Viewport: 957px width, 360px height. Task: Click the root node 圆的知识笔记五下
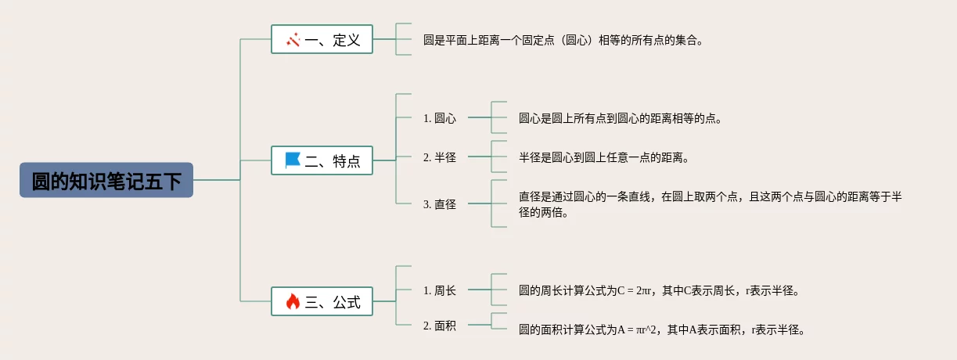pyautogui.click(x=106, y=181)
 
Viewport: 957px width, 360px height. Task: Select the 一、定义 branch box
pyautogui.click(x=322, y=40)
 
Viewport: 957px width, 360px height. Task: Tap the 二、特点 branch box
pyautogui.click(x=322, y=162)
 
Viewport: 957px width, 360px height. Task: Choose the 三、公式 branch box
pyautogui.click(x=322, y=301)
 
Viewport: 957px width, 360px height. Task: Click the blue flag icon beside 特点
pyautogui.click(x=293, y=161)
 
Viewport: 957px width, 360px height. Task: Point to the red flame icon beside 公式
pyautogui.click(x=293, y=301)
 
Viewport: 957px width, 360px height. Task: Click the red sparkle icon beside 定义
pyautogui.click(x=293, y=40)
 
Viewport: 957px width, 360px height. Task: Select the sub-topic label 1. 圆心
pyautogui.click(x=440, y=118)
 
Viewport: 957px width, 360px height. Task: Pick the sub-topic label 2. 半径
pyautogui.click(x=440, y=157)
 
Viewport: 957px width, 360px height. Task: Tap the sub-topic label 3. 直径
pyautogui.click(x=440, y=204)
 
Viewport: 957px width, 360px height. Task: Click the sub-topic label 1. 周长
pyautogui.click(x=440, y=290)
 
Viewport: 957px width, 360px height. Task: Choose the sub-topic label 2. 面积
pyautogui.click(x=440, y=326)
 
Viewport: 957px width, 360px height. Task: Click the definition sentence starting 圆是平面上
pyautogui.click(x=563, y=40)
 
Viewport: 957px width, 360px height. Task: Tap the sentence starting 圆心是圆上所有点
pyautogui.click(x=620, y=119)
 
